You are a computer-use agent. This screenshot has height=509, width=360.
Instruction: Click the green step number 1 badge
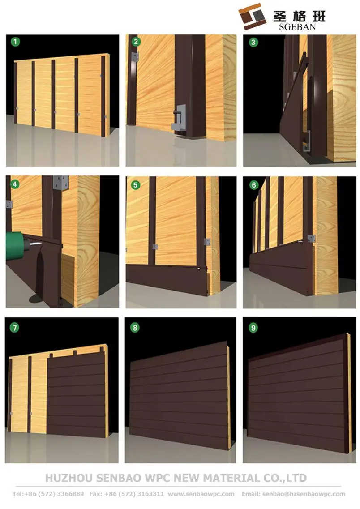click(x=15, y=42)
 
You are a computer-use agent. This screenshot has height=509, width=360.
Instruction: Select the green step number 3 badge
click(x=253, y=42)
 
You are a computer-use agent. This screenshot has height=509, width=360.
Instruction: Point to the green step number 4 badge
click(x=15, y=184)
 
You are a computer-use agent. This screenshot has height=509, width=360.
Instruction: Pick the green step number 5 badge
click(x=135, y=185)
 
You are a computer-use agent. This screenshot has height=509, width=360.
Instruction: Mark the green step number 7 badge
click(x=14, y=328)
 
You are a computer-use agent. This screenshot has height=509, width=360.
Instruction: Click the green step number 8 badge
click(x=135, y=328)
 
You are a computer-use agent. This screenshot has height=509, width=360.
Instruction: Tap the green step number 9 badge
click(x=253, y=328)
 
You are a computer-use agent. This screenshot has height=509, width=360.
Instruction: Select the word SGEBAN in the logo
click(x=297, y=27)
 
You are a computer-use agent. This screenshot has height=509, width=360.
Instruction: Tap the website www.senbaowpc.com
click(x=201, y=494)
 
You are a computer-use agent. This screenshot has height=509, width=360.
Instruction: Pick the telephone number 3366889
click(x=70, y=494)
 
